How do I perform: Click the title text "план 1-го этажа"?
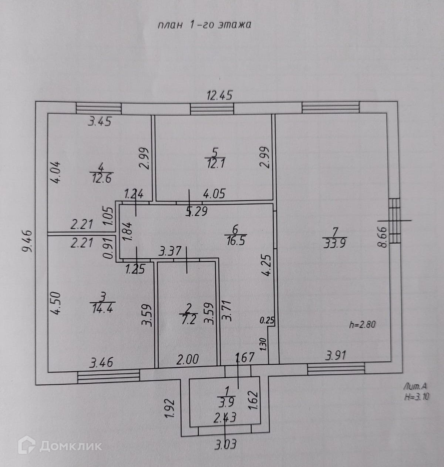coord(205,25)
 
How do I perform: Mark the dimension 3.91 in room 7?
coord(336,356)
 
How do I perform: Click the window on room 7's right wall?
coord(395,221)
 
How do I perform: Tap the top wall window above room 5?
coord(212,108)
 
